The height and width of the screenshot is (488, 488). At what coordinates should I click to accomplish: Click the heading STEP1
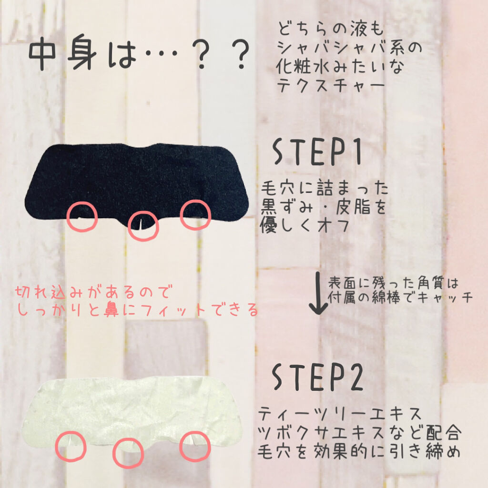(x=317, y=152)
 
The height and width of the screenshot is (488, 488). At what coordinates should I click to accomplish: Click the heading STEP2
(x=317, y=377)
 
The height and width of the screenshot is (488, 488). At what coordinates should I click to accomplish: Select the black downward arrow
(x=318, y=293)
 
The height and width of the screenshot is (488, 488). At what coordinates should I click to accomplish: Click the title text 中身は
(x=83, y=53)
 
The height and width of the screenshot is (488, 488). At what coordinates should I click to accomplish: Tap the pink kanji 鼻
(x=111, y=310)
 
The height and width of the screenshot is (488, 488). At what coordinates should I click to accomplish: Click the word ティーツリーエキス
(x=340, y=414)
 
